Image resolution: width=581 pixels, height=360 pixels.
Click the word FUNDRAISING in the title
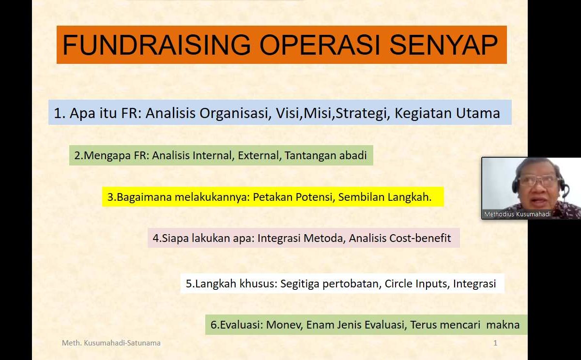[157, 45]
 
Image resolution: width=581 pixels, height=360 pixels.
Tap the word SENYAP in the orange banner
[443, 45]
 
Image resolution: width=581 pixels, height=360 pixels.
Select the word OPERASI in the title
[320, 45]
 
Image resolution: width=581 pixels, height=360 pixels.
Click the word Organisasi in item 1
[235, 113]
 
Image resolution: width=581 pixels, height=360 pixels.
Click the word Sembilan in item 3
[360, 197]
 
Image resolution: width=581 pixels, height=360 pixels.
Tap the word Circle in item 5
[398, 284]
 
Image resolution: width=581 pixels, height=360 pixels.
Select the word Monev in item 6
[283, 325]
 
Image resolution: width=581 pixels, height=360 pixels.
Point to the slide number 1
[495, 343]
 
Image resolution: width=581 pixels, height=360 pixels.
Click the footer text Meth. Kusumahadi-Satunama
[111, 343]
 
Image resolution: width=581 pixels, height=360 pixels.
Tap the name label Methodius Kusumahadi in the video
[517, 214]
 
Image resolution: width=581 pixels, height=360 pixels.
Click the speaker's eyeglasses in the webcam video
[538, 180]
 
